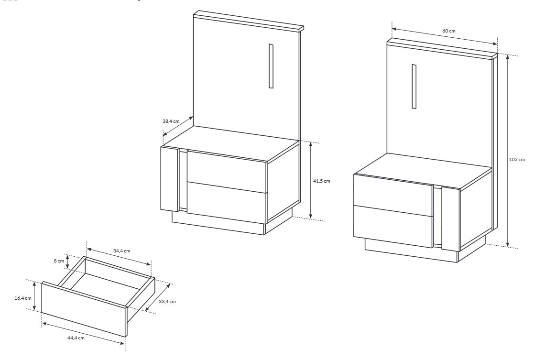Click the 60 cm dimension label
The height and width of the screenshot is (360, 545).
click(x=449, y=31)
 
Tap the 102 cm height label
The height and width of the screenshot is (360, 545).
click(x=517, y=160)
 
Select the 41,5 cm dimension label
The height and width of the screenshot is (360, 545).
click(x=322, y=181)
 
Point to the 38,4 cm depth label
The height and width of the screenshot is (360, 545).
click(x=171, y=121)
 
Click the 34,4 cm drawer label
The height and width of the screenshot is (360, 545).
click(x=121, y=251)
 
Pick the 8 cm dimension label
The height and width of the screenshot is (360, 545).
click(x=59, y=261)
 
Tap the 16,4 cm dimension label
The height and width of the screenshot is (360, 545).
click(x=23, y=298)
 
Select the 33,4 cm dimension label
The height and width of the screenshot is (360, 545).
click(x=167, y=301)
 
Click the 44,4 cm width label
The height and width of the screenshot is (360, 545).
click(x=76, y=338)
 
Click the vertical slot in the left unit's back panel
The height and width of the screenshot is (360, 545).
click(x=271, y=66)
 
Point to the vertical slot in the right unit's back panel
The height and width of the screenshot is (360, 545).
click(x=414, y=86)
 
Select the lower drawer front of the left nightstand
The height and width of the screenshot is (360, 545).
click(x=227, y=203)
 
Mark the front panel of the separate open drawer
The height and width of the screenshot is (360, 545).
click(x=84, y=309)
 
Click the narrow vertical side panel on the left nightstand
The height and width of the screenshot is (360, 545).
click(x=170, y=179)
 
